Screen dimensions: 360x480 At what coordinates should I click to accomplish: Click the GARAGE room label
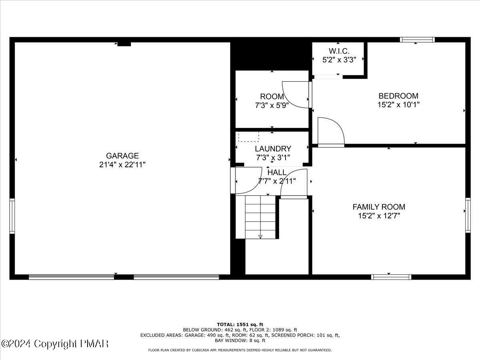click(122, 156)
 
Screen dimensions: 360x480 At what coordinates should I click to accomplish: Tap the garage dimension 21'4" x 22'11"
click(122, 164)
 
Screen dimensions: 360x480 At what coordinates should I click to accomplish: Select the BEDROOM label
click(398, 96)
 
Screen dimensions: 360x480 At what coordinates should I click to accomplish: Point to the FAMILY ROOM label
click(378, 207)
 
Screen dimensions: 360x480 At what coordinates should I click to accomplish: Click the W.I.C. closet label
click(339, 51)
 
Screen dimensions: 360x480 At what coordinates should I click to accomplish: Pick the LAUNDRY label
click(273, 149)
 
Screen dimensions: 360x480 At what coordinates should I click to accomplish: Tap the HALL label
click(277, 172)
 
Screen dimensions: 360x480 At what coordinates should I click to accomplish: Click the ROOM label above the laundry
click(272, 96)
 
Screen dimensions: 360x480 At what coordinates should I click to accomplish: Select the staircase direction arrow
click(260, 236)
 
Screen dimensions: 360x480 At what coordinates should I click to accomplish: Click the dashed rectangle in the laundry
click(248, 137)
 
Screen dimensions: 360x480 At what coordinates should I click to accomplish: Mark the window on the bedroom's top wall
click(417, 40)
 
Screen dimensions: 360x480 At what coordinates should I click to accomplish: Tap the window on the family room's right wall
click(468, 215)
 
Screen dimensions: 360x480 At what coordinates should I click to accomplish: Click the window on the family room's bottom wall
click(391, 277)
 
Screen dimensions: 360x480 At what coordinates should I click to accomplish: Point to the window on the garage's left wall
click(12, 216)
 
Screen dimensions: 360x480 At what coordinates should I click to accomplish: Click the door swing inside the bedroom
click(330, 131)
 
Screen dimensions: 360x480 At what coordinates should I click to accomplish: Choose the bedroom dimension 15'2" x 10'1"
click(398, 105)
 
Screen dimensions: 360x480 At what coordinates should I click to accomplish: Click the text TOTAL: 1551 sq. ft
click(240, 324)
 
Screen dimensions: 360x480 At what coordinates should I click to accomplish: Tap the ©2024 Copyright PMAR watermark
click(55, 344)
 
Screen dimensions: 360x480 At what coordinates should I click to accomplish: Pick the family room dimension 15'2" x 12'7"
click(378, 216)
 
